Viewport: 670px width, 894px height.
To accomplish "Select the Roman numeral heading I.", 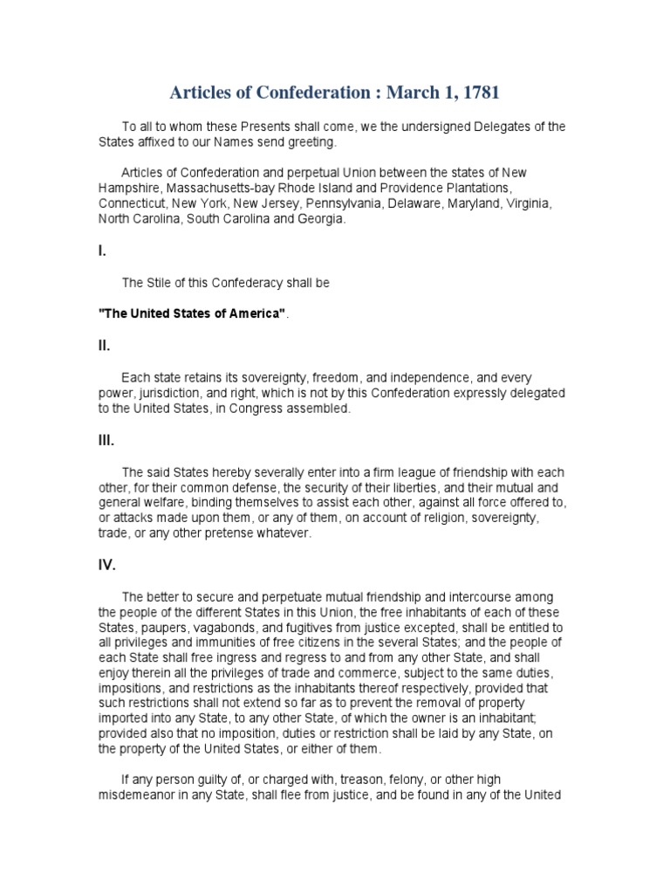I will [x=102, y=251].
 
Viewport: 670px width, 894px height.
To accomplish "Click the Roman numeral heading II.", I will [x=104, y=346].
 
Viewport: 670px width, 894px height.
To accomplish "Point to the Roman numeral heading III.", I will [x=106, y=441].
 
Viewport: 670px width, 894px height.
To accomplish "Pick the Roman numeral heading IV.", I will [x=106, y=566].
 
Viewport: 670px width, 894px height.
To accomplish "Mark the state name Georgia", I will [x=322, y=220].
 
